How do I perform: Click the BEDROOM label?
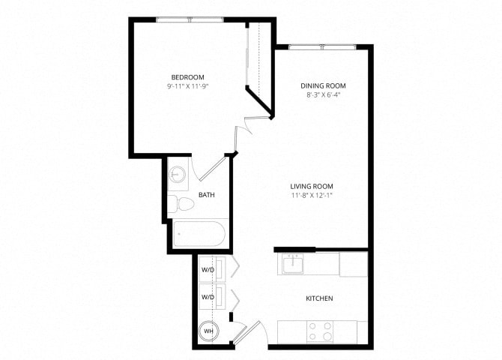pos(187,77)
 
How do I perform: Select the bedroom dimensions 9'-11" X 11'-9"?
pos(187,87)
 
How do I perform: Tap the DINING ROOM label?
pos(322,85)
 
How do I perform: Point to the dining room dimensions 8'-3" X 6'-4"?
pos(322,95)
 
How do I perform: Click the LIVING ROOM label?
pos(312,186)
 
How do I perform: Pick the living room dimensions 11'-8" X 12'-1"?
pos(312,196)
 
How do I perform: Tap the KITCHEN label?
pos(319,298)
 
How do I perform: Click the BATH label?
pos(207,195)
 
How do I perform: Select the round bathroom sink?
pos(178,174)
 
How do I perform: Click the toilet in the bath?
pos(177,203)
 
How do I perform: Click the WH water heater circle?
pos(208,331)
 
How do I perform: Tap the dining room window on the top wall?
pos(322,47)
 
